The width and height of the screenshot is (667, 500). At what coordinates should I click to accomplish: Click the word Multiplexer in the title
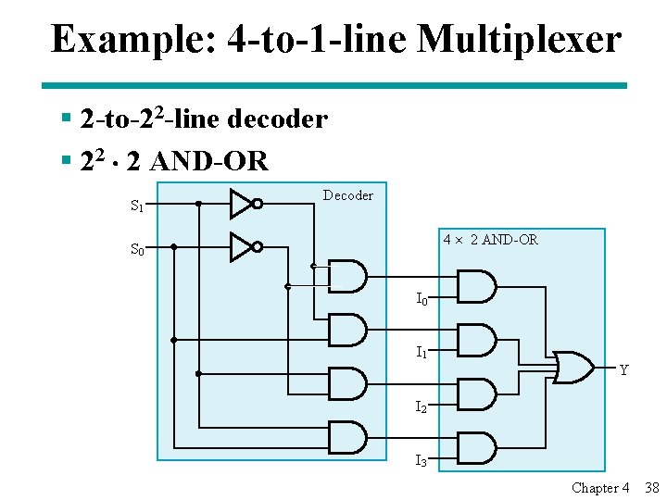point(520,39)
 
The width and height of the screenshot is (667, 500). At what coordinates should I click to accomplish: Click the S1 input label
point(137,206)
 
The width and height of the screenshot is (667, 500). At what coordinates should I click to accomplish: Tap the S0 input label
point(137,249)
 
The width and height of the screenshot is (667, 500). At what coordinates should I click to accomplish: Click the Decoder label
point(347,195)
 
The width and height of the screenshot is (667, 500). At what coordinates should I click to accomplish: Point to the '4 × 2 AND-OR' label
point(490,240)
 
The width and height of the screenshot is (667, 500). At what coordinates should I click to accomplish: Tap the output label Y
point(623,370)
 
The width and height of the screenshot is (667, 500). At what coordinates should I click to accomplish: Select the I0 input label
point(422,299)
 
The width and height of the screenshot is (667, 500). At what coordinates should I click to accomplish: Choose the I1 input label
point(422,353)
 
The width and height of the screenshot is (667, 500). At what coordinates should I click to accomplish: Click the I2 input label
point(422,407)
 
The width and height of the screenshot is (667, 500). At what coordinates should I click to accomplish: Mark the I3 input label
point(422,460)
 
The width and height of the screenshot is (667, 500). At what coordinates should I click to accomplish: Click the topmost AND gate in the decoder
point(347,276)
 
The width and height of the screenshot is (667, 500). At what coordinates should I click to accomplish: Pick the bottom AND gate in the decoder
point(347,436)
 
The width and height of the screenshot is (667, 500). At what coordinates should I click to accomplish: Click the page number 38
point(650,488)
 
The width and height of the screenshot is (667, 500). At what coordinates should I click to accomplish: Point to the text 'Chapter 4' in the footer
point(600,488)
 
